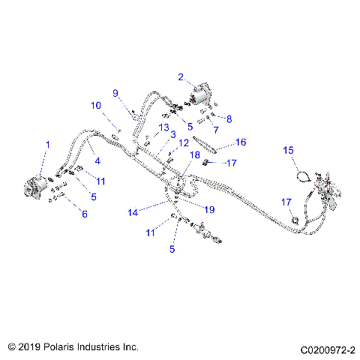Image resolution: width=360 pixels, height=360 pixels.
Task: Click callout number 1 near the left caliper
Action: [47, 143]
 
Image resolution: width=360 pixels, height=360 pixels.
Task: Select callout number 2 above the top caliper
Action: [181, 76]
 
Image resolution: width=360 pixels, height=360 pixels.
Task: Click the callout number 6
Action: [84, 214]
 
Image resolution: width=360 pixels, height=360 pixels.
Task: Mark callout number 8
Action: [229, 118]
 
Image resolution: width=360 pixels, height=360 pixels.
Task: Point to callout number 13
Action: [163, 127]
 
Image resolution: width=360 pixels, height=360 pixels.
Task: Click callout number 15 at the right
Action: [288, 150]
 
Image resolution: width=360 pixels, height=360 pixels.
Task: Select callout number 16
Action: [240, 142]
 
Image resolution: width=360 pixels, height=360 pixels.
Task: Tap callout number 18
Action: [195, 155]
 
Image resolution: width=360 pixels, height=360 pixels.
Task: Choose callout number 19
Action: [208, 208]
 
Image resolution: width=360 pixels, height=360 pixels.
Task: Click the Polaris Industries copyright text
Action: [73, 347]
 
